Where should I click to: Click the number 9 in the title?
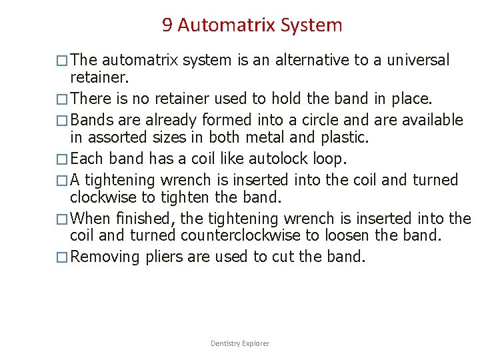coord(167,26)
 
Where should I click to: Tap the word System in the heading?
coord(311,26)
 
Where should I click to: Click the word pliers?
coord(168,257)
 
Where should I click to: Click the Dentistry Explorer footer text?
coord(240,343)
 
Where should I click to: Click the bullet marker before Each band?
coord(62,159)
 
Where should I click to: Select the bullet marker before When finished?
coord(62,219)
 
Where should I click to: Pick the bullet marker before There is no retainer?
coord(62,99)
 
